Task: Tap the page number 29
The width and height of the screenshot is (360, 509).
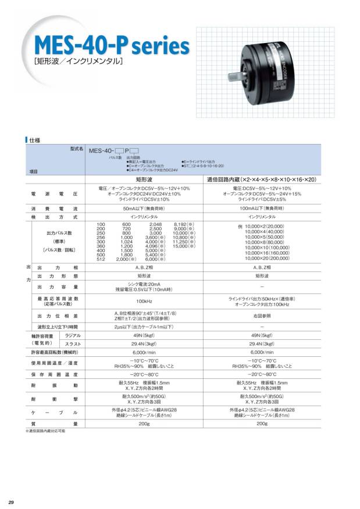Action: [x=11, y=501]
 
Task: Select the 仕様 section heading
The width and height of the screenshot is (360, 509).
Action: [x=34, y=140]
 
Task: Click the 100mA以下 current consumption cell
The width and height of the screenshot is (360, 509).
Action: [x=262, y=207]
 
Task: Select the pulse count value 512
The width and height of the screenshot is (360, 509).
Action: [x=101, y=259]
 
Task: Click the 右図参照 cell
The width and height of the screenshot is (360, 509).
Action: [x=262, y=316]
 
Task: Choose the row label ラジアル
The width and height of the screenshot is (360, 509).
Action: [x=73, y=336]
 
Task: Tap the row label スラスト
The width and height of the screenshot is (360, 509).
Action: [x=73, y=344]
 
